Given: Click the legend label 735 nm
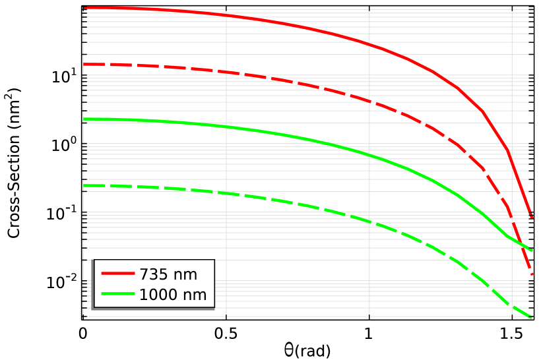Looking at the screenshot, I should [168, 275].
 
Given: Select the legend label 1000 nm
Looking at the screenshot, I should [172, 295].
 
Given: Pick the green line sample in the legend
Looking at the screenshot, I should [118, 294].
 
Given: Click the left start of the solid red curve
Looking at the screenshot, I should [85, 8].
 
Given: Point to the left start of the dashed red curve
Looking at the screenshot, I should [85, 64].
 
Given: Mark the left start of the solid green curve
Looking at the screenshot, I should [85, 119].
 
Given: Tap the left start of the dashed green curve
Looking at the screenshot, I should [85, 186].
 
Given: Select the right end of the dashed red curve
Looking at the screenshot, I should [532, 274].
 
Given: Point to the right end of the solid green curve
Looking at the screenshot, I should [532, 251].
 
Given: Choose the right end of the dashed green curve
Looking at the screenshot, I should [532, 318].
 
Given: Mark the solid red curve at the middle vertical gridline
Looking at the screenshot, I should [369, 44].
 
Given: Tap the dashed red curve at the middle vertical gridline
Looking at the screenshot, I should [369, 101].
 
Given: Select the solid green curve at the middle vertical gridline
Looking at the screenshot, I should [369, 155].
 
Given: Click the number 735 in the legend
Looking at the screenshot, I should [154, 275].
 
